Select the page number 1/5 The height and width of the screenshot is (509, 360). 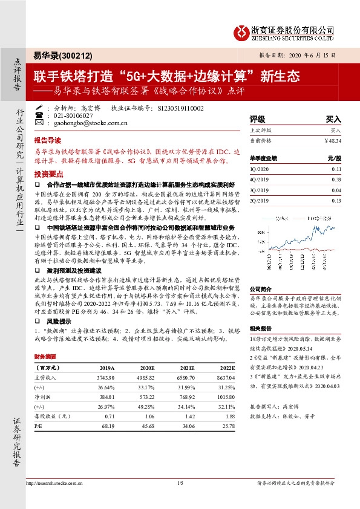[x=180, y=482]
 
